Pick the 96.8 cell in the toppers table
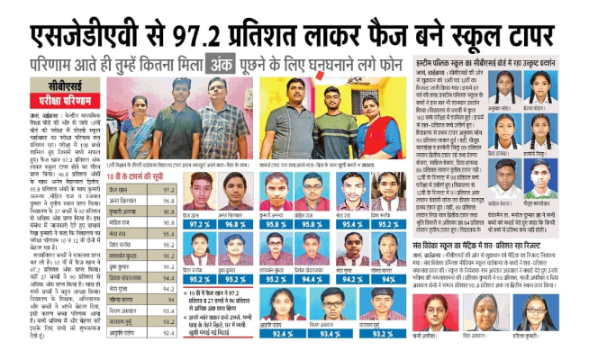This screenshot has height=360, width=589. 168,201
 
